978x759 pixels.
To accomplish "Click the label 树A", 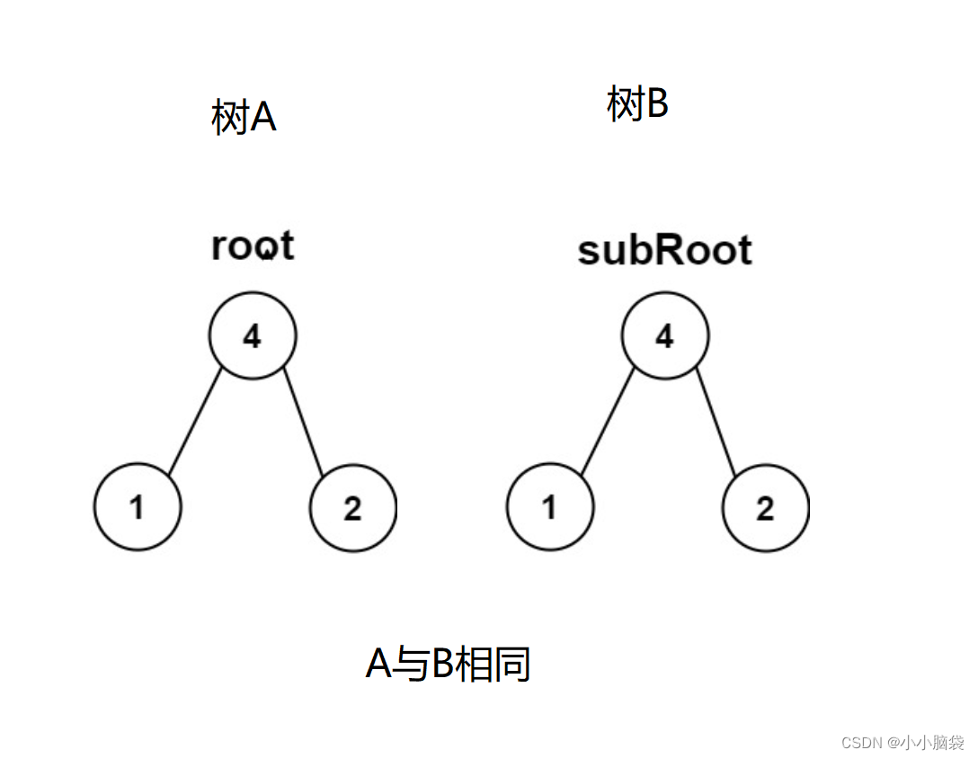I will coord(244,118).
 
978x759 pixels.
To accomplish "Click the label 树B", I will coord(637,104).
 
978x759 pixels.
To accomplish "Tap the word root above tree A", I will coord(253,246).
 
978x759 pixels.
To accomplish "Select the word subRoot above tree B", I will coord(664,251).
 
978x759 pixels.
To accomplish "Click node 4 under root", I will coord(253,336).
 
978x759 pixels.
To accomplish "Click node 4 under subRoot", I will coord(664,336).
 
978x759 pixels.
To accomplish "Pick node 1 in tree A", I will coord(137,508).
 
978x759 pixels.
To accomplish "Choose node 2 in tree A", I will coord(352,508).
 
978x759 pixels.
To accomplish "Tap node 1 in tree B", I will coord(549,508).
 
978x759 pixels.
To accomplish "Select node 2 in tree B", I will coord(765,508).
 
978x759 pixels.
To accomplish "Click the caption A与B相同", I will coord(448,665).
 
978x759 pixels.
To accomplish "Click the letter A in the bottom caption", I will coord(379,665).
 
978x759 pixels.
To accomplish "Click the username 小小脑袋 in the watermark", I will coord(931,742).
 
